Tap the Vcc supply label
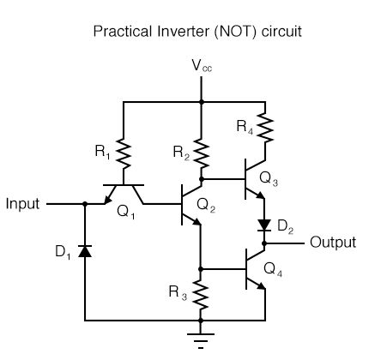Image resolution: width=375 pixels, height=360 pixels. point(201,66)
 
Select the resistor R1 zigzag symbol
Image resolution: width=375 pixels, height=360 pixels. point(124,155)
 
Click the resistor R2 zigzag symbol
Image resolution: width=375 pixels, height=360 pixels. point(201,155)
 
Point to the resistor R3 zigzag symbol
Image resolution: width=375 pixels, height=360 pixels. point(201,297)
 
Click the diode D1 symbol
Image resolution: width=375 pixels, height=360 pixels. point(85,250)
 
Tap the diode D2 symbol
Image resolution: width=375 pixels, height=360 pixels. point(263,225)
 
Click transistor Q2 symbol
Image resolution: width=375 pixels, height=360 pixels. point(191,205)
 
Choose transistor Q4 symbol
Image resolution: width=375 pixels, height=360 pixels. point(256,268)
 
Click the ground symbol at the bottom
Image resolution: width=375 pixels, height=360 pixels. point(201,338)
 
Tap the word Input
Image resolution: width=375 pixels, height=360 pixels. point(23,205)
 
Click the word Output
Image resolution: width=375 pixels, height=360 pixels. point(332,243)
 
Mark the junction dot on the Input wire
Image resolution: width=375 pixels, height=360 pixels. point(85,205)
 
